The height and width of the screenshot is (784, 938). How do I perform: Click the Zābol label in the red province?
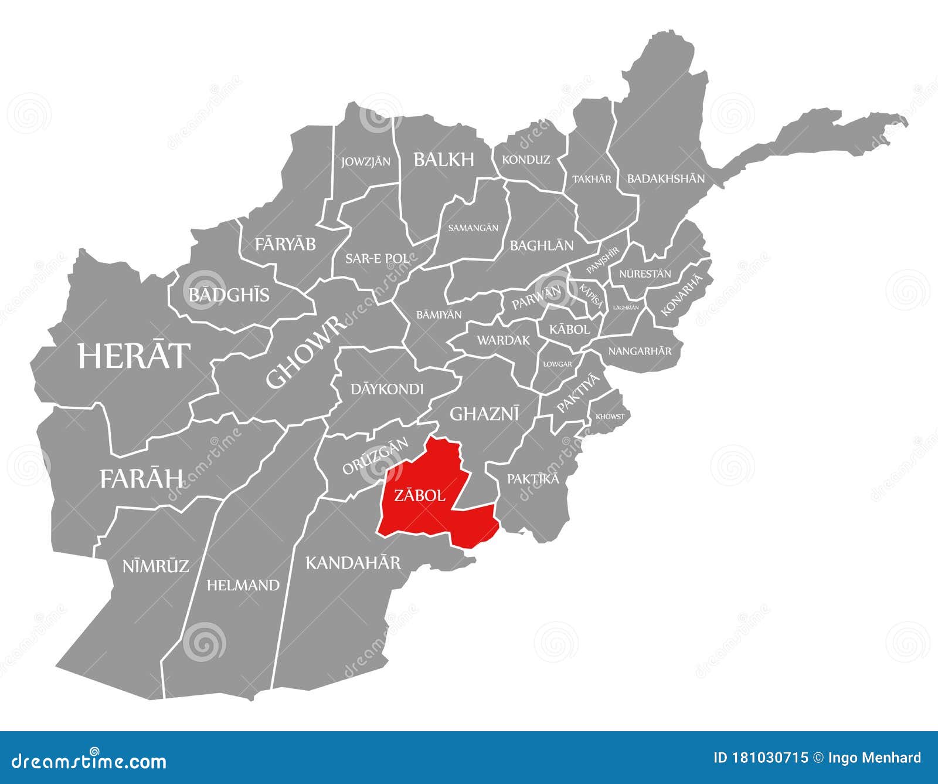(419, 496)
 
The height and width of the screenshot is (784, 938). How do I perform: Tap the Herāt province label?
(134, 356)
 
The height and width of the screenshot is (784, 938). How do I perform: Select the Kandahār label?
(353, 563)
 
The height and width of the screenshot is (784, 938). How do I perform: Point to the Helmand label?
(243, 585)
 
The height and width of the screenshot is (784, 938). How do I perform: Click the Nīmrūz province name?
(155, 566)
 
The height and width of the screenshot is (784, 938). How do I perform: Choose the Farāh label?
(141, 479)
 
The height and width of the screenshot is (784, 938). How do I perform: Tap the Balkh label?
(444, 159)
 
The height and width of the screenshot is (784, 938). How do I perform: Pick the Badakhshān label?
(666, 178)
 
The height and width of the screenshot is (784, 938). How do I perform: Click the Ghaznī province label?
(484, 414)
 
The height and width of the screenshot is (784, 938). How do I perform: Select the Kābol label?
(569, 329)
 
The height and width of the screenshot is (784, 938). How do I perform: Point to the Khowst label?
(610, 417)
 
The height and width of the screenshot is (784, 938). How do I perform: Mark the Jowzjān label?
(366, 161)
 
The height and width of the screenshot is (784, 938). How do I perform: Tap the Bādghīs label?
(229, 295)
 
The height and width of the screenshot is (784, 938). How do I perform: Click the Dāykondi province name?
(387, 388)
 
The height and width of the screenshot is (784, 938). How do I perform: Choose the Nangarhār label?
(640, 351)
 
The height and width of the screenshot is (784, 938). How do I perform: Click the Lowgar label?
(558, 364)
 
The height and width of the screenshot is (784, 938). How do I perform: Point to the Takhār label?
(592, 179)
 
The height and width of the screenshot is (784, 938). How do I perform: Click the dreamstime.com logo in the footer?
(89, 761)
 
